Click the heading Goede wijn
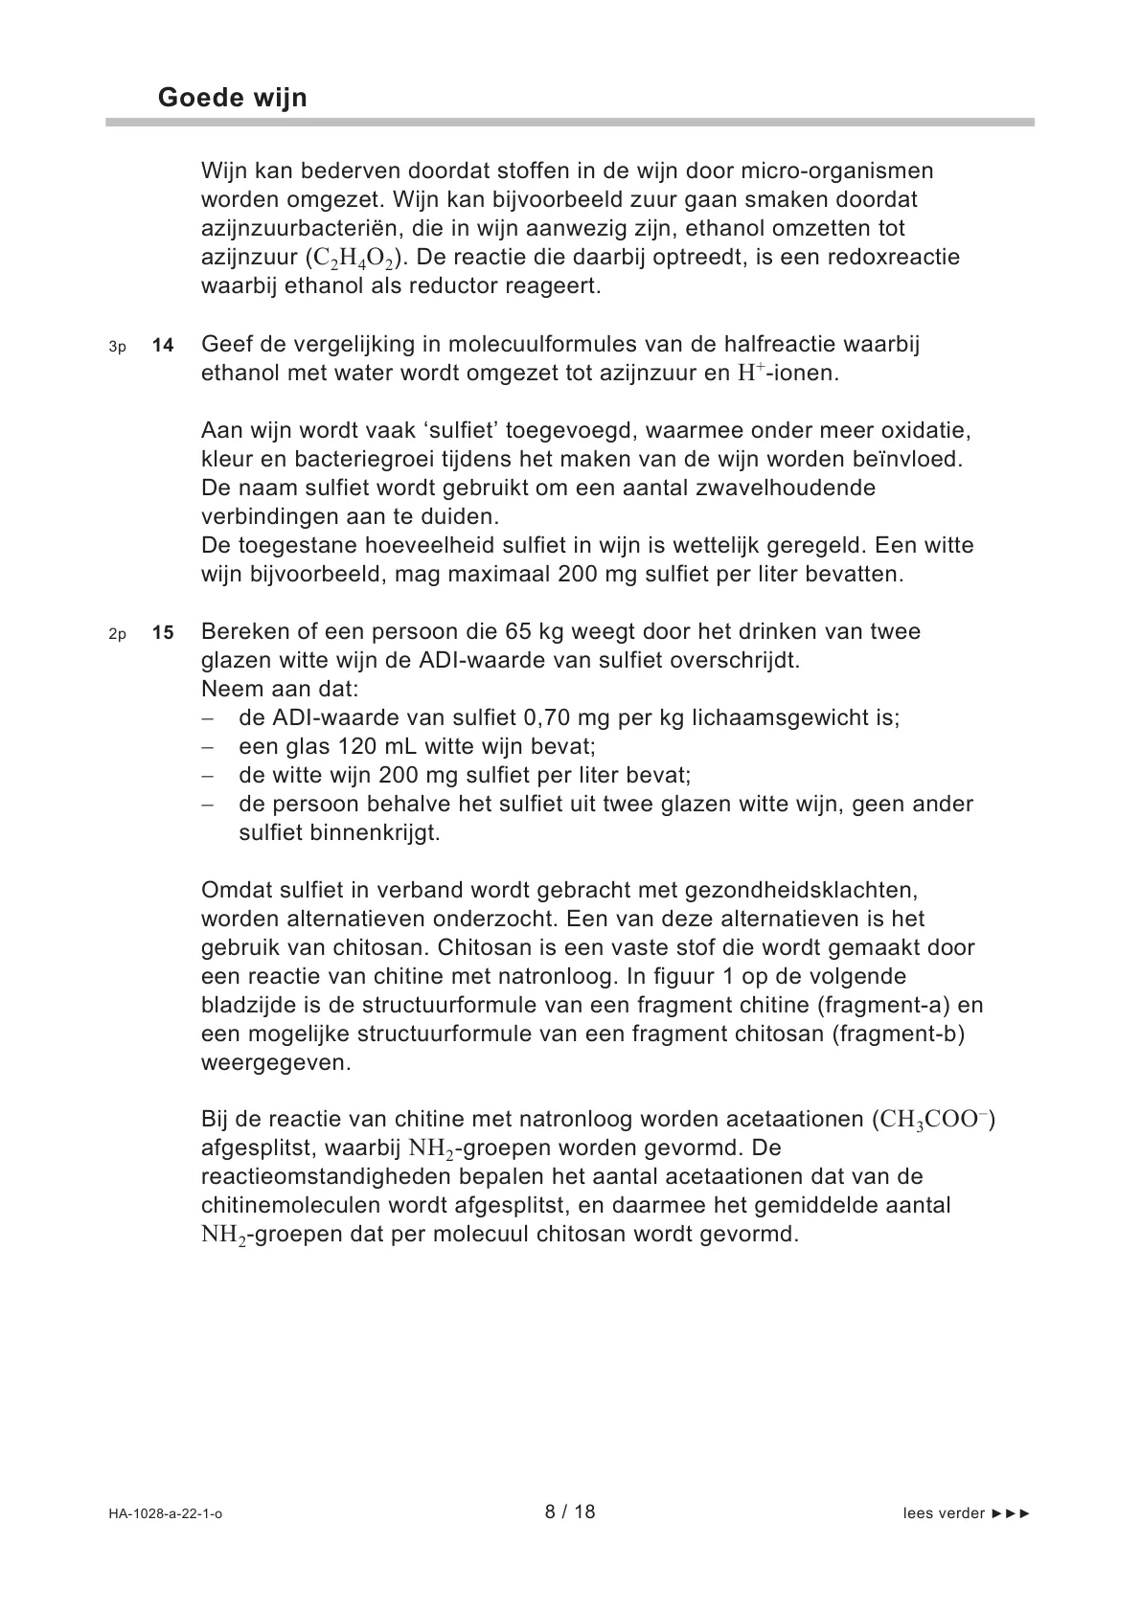point(232,98)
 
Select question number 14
point(163,346)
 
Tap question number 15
point(163,633)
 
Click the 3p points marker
point(117,347)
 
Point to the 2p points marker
point(117,634)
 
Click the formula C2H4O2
point(355,259)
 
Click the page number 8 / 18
point(570,1511)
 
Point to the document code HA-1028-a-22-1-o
point(166,1513)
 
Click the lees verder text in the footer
point(944,1513)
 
